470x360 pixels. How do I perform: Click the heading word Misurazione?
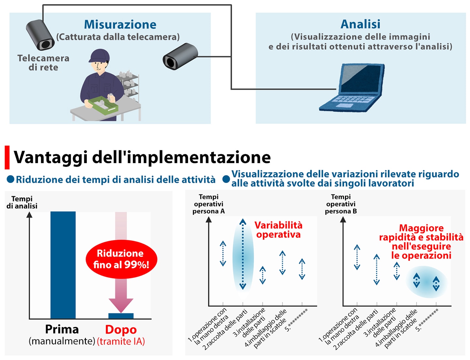(x=120, y=24)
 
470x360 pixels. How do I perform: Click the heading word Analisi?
(x=360, y=24)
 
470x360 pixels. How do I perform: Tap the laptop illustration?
(x=352, y=87)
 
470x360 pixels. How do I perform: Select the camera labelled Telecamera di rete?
(x=40, y=35)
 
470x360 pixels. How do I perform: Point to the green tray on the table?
(x=103, y=105)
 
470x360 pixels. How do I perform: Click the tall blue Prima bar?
(x=63, y=265)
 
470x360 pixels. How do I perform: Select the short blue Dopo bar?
(x=121, y=316)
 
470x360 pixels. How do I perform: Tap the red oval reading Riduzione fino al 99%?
(x=121, y=259)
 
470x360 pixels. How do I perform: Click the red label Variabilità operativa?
(x=278, y=230)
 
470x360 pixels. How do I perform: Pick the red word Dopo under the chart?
(x=121, y=330)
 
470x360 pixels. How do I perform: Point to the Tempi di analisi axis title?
(x=22, y=202)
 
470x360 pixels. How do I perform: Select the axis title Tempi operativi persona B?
(x=341, y=204)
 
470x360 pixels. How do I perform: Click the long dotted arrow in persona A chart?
(x=243, y=254)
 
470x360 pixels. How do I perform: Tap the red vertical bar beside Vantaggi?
(x=7, y=157)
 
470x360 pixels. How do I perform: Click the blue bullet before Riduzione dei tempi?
(x=10, y=179)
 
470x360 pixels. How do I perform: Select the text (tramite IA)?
(x=121, y=341)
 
